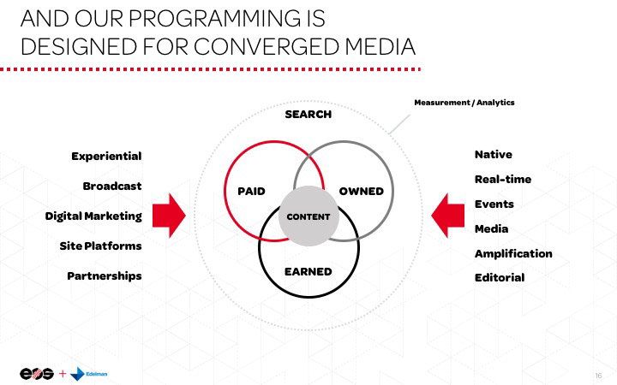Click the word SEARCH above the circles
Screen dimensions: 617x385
coord(308,115)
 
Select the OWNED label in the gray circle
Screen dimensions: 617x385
coord(361,191)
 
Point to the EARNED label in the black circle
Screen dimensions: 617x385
coord(308,271)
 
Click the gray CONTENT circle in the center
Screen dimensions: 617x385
coord(308,216)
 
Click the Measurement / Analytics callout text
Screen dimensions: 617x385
coord(464,103)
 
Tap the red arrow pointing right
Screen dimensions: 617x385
coord(170,216)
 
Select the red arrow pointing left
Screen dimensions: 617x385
coord(447,216)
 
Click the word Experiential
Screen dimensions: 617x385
coord(106,156)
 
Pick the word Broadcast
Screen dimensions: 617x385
coord(112,186)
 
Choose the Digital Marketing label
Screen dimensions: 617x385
coord(93,216)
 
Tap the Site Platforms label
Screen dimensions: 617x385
coord(101,246)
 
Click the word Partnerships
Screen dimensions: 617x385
coord(105,275)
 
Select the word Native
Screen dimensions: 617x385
coord(494,154)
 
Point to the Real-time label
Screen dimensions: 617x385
coord(503,179)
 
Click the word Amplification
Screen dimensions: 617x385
coord(513,253)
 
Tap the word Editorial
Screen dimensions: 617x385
coord(500,277)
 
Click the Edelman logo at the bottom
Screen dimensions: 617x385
coord(90,374)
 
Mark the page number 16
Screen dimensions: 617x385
coord(598,375)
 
